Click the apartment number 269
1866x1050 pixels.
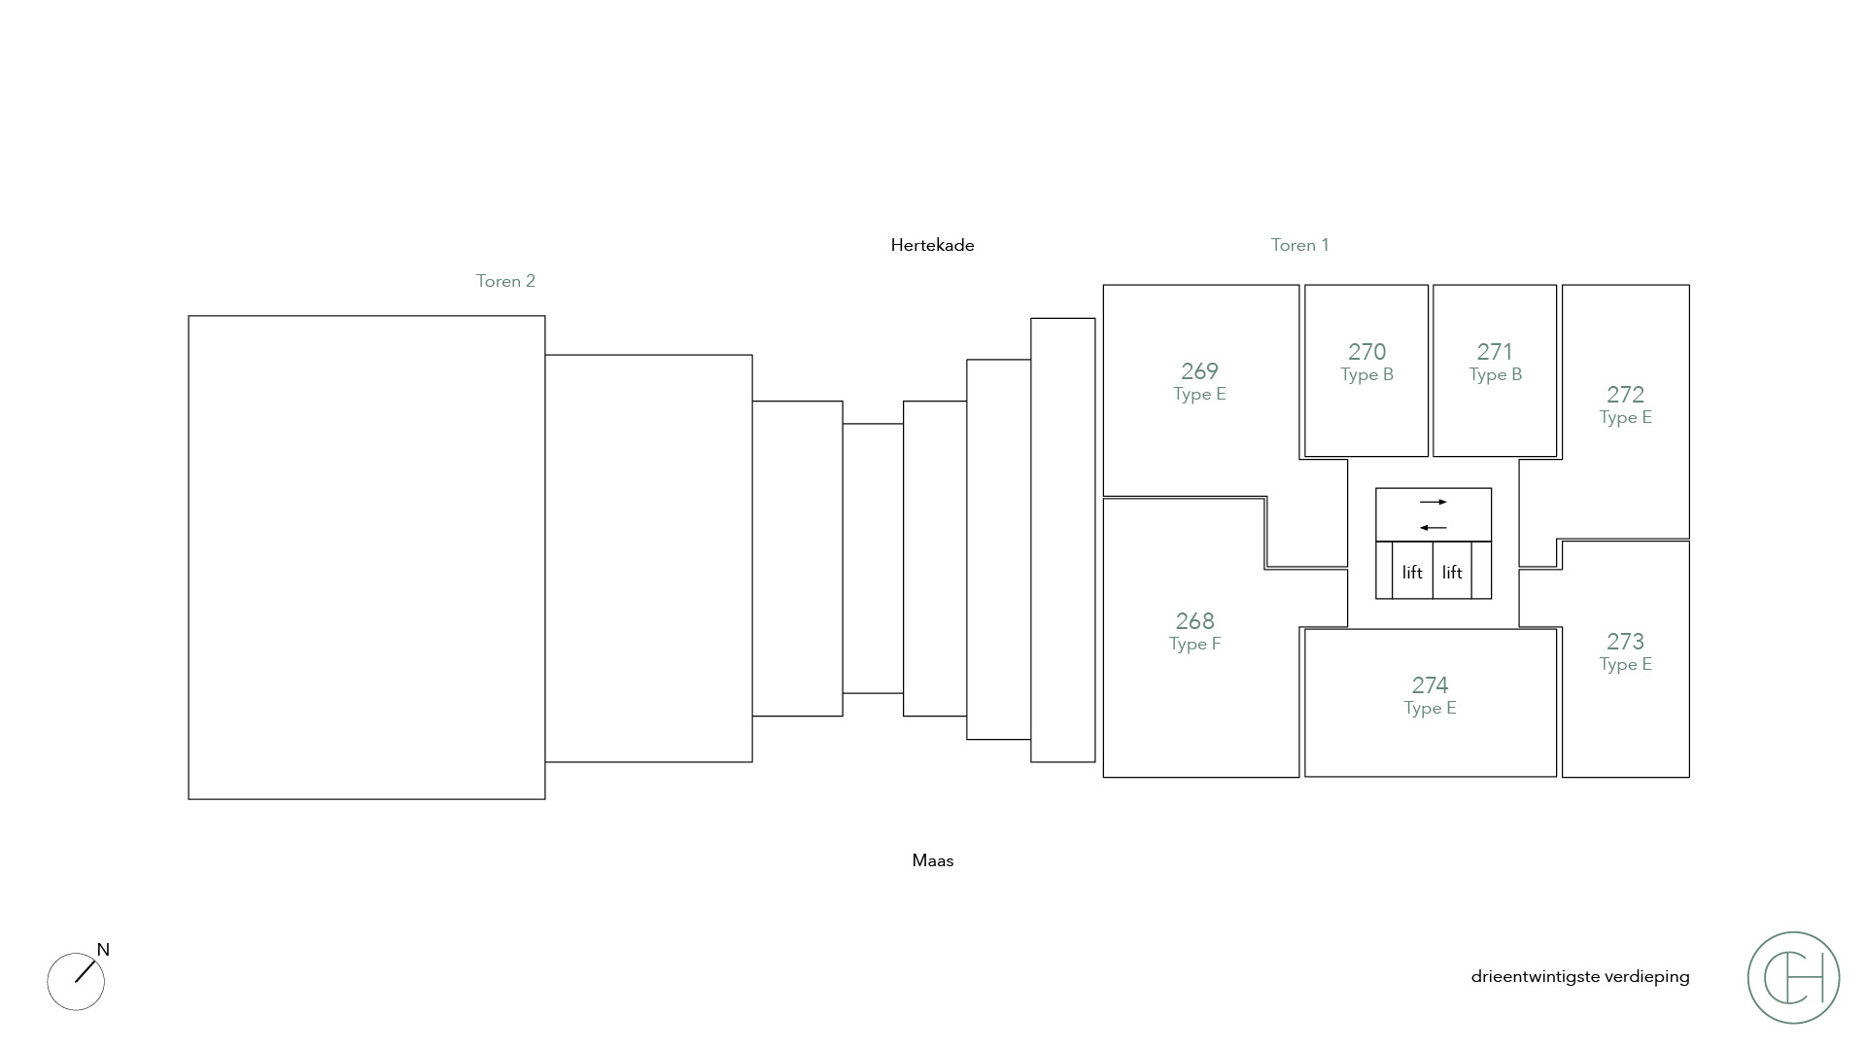tap(1199, 371)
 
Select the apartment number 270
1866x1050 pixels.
tap(1366, 352)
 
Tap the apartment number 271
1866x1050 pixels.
tap(1495, 352)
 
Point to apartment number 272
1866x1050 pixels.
tap(1625, 395)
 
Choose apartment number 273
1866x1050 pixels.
tap(1625, 642)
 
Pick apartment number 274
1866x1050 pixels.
tap(1430, 685)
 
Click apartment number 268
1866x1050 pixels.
tap(1194, 621)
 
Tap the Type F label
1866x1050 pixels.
tap(1194, 645)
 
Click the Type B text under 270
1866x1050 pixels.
tap(1366, 375)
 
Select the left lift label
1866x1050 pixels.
tap(1412, 573)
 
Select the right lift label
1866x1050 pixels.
tap(1452, 573)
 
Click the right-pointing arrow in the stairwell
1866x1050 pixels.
tap(1434, 503)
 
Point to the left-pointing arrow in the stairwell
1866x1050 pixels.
tap(1434, 528)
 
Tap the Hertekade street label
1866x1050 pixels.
tap(932, 246)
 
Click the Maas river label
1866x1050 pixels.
tap(932, 860)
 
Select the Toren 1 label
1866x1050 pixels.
tap(1299, 246)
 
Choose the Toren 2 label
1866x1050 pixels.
tap(505, 281)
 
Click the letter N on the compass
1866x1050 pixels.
tap(103, 950)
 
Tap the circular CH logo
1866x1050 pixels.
tap(1793, 977)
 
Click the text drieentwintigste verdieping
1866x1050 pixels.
tap(1579, 977)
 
